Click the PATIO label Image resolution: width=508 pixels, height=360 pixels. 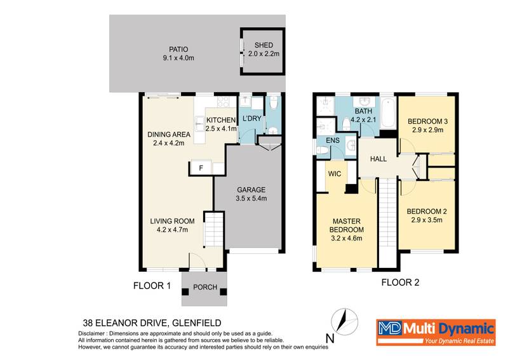pos(178,49)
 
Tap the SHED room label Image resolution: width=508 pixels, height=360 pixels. pos(263,45)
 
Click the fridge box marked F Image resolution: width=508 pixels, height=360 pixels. pos(201,168)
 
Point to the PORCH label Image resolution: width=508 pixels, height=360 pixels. pos(205,287)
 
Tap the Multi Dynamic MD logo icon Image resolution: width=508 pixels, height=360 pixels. pos(389,328)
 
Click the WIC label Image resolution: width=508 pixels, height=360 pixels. pos(336,173)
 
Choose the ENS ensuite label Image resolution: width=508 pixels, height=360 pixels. pos(333,141)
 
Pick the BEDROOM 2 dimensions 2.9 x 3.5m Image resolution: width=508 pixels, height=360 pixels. pos(426,220)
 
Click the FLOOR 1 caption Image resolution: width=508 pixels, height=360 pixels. pos(152,286)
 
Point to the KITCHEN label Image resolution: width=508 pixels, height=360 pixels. pos(220,120)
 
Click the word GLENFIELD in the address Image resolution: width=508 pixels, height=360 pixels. pos(193,323)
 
